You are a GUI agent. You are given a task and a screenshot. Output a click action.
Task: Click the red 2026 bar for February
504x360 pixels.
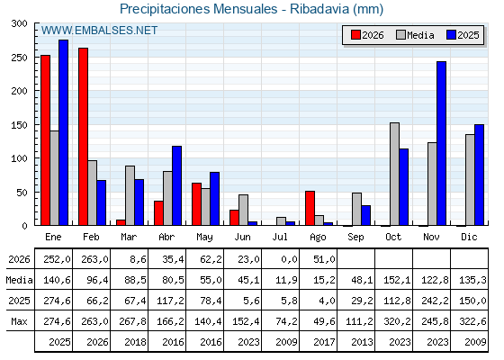[x=83, y=137]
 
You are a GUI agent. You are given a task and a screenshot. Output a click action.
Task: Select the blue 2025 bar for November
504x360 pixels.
[x=441, y=143]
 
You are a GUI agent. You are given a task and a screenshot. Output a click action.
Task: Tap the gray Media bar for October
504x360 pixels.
[x=394, y=174]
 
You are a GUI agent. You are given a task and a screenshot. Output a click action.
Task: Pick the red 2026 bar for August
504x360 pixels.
[x=310, y=208]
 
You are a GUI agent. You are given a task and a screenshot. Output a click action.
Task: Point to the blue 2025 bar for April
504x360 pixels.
[x=176, y=185]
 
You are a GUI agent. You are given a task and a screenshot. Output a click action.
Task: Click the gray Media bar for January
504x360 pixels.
[x=54, y=178]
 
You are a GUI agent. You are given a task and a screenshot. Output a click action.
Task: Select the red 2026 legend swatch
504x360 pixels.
[x=355, y=35]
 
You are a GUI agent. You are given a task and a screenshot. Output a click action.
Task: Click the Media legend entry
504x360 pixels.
[x=415, y=35]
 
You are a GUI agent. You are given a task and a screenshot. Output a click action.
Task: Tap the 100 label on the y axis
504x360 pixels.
[x=19, y=158]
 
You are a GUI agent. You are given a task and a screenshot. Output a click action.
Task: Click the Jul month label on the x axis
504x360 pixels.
[x=280, y=237]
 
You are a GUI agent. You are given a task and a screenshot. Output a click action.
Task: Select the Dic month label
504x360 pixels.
[x=469, y=237]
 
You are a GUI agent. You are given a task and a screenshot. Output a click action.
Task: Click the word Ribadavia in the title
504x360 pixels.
[x=319, y=9]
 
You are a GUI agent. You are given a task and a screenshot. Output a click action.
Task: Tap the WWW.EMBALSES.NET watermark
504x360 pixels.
[x=99, y=31]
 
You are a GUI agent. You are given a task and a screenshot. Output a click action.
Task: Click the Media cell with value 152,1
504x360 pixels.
[x=397, y=280]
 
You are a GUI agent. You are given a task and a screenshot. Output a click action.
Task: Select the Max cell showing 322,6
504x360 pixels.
[x=473, y=321]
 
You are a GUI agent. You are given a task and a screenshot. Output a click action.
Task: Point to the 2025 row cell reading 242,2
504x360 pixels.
[x=436, y=301]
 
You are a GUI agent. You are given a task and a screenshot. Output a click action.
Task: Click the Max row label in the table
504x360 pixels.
[x=19, y=321]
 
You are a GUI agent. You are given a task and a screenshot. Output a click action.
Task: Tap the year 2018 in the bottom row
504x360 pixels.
[x=135, y=342]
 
